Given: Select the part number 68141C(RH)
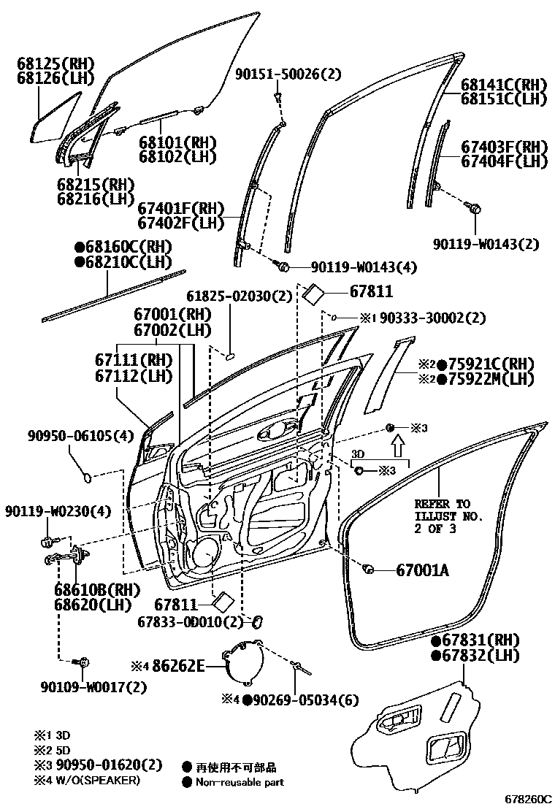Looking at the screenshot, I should (504, 84).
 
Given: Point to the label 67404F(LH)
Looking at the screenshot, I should (504, 161).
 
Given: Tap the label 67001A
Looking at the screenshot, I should (421, 570).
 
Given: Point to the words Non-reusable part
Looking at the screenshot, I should (240, 782).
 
